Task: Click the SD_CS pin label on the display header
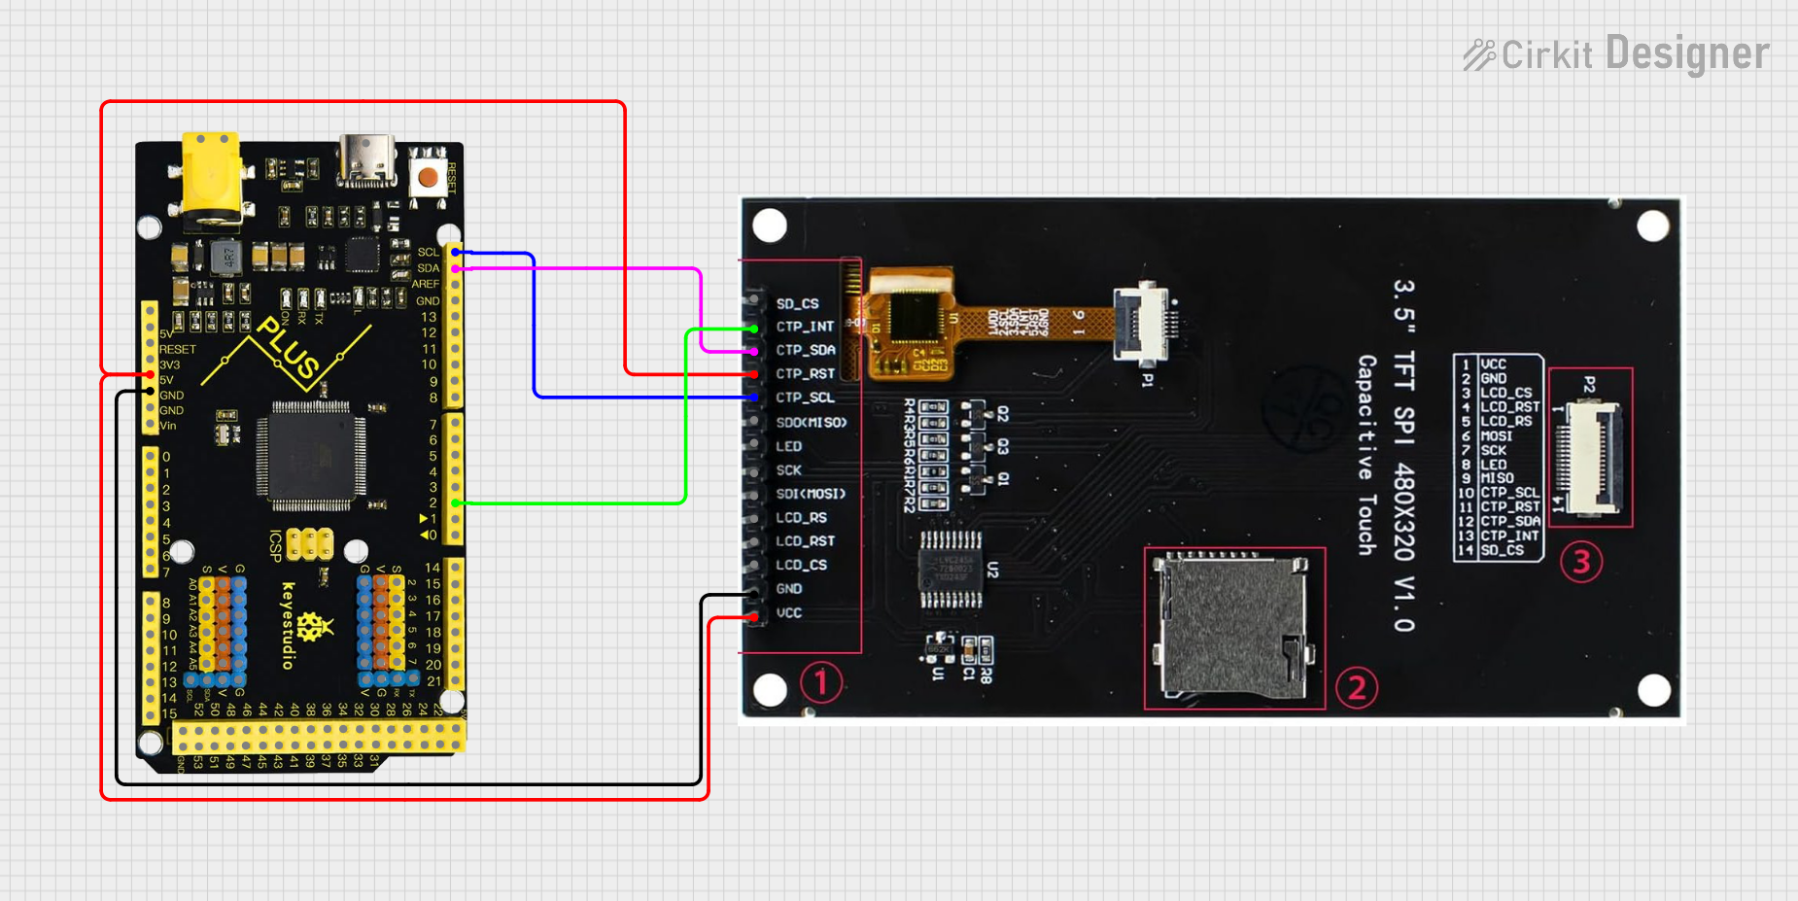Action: point(797,304)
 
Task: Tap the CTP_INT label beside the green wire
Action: point(805,328)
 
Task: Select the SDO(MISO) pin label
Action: point(812,423)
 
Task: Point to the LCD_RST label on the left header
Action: point(805,541)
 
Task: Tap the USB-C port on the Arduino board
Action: point(366,160)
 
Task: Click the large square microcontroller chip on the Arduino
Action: point(311,455)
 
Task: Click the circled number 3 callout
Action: point(1580,562)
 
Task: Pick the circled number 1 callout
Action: point(820,682)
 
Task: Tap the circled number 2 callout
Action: point(1357,688)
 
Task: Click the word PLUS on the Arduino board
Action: point(288,348)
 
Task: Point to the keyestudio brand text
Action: point(288,625)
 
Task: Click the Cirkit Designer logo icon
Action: point(1479,54)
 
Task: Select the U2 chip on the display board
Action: point(951,570)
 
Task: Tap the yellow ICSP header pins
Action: point(310,544)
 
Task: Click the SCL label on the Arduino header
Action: point(428,253)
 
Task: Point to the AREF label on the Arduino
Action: point(426,285)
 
